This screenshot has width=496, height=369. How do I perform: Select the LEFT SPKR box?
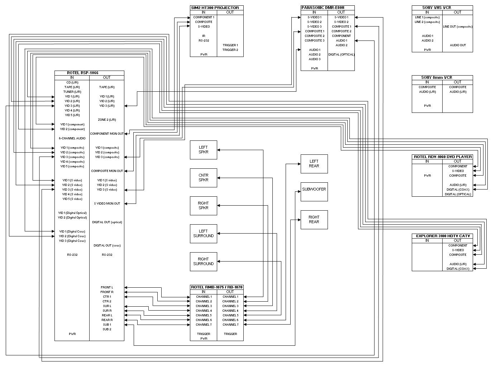(203, 150)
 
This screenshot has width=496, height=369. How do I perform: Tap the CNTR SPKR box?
(203, 178)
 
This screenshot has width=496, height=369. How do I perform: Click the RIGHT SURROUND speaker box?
(203, 262)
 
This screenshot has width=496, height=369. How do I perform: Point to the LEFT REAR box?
(314, 164)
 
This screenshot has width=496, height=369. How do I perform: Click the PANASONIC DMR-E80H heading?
(323, 8)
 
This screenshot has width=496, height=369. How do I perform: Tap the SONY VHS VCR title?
(436, 8)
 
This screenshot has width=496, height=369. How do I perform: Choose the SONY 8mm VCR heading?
(436, 77)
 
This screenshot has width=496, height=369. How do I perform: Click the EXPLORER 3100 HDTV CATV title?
(443, 236)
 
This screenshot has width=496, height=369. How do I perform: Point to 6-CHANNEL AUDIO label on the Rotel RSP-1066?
(72, 138)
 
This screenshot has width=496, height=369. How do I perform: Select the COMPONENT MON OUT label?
(107, 134)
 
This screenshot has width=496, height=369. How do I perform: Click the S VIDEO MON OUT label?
(107, 203)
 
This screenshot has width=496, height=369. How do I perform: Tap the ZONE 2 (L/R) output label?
(107, 120)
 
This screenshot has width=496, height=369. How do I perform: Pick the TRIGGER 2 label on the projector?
(230, 50)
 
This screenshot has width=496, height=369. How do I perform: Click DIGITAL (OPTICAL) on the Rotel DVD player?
(458, 194)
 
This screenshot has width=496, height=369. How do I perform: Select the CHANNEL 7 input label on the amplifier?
(204, 325)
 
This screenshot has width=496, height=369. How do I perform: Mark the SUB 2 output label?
(107, 329)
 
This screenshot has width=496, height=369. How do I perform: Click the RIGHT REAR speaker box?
(314, 220)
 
